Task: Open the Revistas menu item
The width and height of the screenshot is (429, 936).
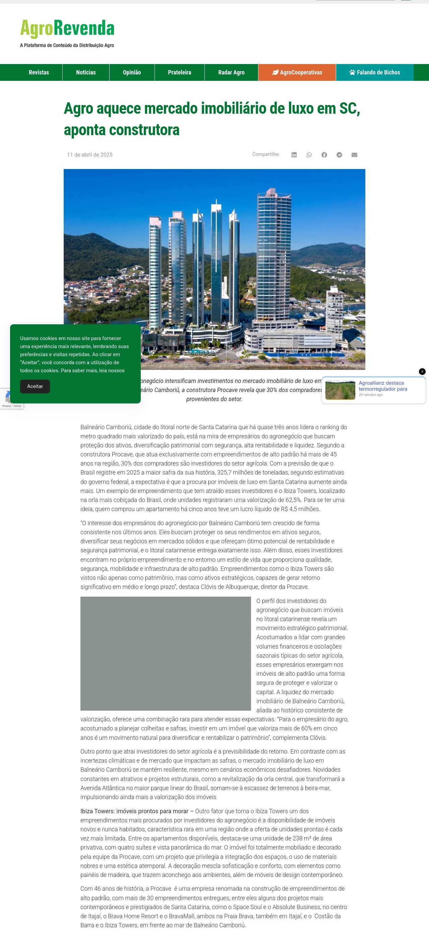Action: [x=39, y=72]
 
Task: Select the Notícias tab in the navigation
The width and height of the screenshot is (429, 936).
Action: [x=86, y=72]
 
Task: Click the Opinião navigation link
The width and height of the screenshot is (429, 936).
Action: [x=132, y=72]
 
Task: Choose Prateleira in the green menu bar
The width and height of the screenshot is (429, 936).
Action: [x=179, y=72]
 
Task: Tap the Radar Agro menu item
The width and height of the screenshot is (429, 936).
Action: [x=231, y=72]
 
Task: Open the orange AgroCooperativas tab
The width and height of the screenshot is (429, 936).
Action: [x=297, y=72]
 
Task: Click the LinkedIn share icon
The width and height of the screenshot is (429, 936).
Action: [x=294, y=155]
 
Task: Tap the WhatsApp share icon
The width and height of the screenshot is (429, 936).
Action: [x=309, y=155]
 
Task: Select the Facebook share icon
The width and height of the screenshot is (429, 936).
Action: [x=324, y=155]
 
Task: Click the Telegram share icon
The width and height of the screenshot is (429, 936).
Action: [x=339, y=155]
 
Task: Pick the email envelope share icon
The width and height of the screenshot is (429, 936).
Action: [x=355, y=155]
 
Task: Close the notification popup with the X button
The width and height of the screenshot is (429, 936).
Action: [x=422, y=371]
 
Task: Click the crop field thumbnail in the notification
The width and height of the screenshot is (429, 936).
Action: [x=340, y=390]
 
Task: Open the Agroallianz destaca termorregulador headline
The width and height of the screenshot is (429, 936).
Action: [x=382, y=386]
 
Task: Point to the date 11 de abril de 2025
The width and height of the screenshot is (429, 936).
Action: [x=90, y=155]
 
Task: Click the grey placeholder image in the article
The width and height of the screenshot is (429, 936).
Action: [x=166, y=653]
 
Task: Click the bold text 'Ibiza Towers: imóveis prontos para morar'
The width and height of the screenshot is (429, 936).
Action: [x=134, y=811]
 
